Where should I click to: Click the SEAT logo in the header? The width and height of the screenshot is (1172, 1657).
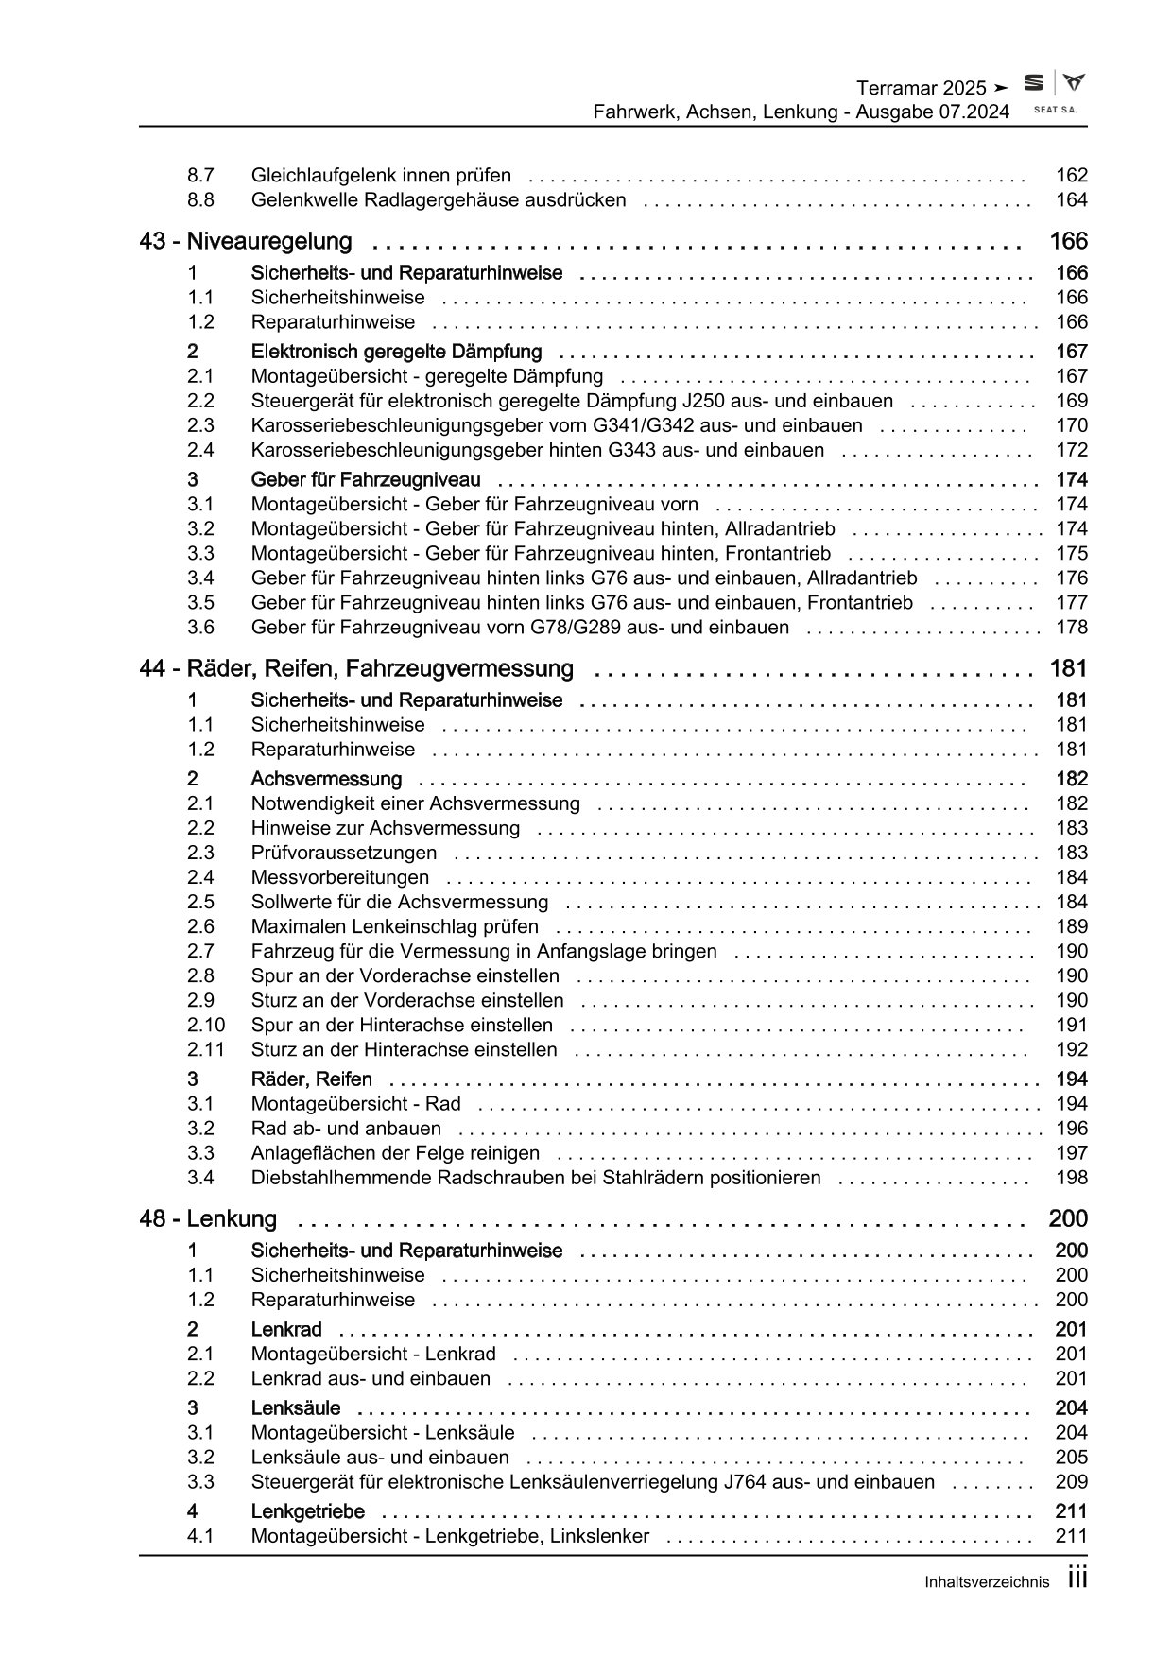(x=1035, y=84)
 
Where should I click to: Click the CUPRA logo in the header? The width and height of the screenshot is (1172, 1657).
(x=1073, y=83)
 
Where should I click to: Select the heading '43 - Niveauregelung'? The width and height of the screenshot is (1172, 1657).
(x=246, y=241)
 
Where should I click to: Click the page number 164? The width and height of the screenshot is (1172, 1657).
(x=1072, y=199)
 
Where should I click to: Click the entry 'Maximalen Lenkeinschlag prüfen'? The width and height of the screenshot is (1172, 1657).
(x=394, y=926)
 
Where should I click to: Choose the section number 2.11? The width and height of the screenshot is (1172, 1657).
(x=205, y=1049)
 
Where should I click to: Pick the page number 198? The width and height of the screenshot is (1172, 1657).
(x=1072, y=1178)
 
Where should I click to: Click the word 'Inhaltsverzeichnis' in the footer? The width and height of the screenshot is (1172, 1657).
(x=987, y=1582)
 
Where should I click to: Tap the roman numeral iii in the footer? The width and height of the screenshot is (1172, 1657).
(x=1077, y=1579)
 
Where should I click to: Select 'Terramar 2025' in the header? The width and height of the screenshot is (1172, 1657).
(x=921, y=88)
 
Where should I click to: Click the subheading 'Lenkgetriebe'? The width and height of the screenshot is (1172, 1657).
(x=307, y=1511)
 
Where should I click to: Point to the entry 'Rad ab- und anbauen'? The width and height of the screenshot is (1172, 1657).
(x=346, y=1129)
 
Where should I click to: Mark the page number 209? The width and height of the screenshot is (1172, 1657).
(x=1072, y=1482)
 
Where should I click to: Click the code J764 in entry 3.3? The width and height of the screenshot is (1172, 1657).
(x=724, y=1482)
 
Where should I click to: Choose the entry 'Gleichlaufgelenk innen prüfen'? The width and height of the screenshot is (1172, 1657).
(x=381, y=175)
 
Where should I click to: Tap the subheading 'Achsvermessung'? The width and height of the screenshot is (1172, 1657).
(x=326, y=779)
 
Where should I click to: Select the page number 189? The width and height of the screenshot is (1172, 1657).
(x=1072, y=926)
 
